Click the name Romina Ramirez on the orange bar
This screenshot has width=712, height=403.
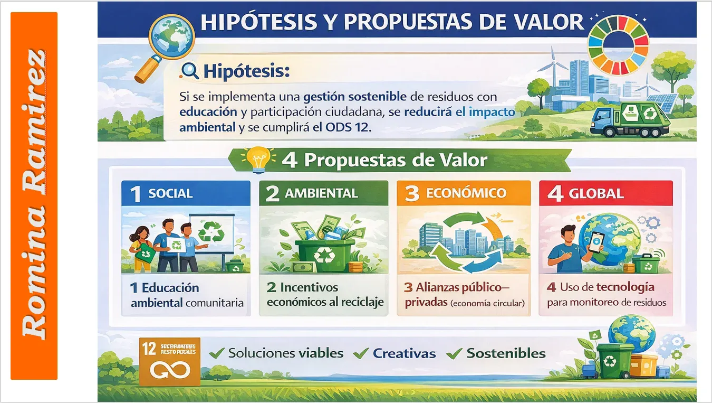(x=34, y=195)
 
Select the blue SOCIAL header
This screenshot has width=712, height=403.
(x=186, y=193)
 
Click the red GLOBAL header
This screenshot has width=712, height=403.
(x=605, y=193)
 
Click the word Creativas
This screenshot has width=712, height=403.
(x=404, y=353)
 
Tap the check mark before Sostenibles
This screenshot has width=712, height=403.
(x=454, y=354)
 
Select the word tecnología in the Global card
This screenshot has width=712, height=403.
(x=625, y=287)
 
